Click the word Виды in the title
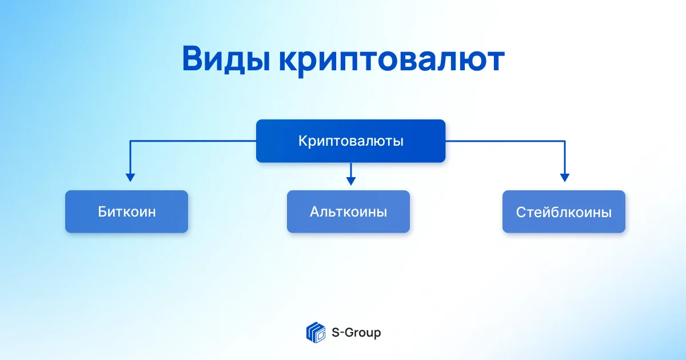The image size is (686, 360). pos(226,59)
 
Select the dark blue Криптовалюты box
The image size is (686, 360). pos(350,141)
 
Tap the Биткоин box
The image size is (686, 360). pos(126,211)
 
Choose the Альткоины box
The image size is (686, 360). pos(348,211)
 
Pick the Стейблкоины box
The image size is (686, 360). pos(564,211)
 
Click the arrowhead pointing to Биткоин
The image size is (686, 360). pos(130,178)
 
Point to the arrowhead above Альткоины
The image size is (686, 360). pos(351,181)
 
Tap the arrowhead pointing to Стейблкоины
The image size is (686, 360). pos(565,178)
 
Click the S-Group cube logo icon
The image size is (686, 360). pos(316,333)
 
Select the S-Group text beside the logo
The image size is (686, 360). pos(356,333)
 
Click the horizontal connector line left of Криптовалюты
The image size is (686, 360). pos(193,141)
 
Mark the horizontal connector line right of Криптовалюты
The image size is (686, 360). pos(505,141)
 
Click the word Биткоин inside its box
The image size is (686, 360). pos(127,211)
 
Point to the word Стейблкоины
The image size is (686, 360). pos(564,212)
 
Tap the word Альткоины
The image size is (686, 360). pos(349,211)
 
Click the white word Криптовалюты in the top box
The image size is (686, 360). pos(351,141)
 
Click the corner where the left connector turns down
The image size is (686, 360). pos(130,141)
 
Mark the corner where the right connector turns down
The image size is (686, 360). pos(565,141)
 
